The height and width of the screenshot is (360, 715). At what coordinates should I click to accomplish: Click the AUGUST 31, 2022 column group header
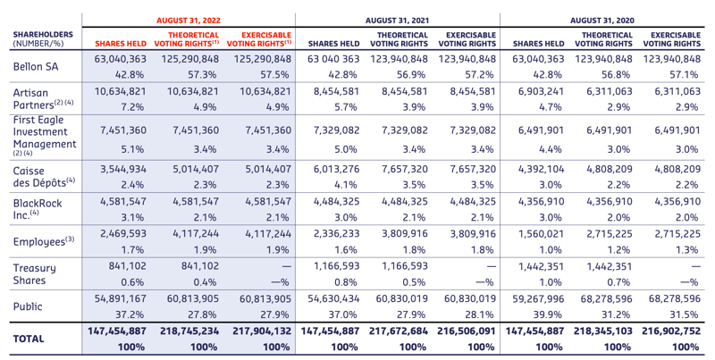pyautogui.click(x=189, y=21)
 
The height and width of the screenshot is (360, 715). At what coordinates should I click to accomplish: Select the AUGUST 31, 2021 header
pyautogui.click(x=397, y=21)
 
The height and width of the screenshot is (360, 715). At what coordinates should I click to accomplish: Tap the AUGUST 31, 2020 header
pyautogui.click(x=601, y=21)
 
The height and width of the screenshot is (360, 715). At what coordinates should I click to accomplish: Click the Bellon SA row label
pyautogui.click(x=36, y=66)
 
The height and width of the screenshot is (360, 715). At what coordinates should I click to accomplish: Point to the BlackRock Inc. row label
pyautogui.click(x=38, y=209)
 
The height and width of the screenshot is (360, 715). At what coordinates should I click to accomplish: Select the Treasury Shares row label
pyautogui.click(x=34, y=274)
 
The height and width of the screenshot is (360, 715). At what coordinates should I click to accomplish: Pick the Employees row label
pyautogui.click(x=43, y=241)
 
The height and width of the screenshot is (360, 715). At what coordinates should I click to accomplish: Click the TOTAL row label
pyautogui.click(x=29, y=339)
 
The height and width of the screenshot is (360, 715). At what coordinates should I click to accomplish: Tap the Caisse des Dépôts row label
pyautogui.click(x=44, y=177)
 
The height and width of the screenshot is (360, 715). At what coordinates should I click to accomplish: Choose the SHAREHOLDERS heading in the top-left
pyautogui.click(x=43, y=35)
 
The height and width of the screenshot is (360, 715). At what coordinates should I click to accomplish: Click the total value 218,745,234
pyautogui.click(x=189, y=331)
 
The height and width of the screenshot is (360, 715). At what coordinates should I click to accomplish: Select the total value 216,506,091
pyautogui.click(x=466, y=331)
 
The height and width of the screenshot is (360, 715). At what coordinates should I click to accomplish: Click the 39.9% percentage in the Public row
pyautogui.click(x=551, y=314)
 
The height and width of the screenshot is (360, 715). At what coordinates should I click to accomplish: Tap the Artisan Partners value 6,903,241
pyautogui.click(x=541, y=91)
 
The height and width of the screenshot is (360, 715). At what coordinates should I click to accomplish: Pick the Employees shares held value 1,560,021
pyautogui.click(x=541, y=234)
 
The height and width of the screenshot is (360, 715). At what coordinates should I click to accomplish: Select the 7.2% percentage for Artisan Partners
pyautogui.click(x=133, y=107)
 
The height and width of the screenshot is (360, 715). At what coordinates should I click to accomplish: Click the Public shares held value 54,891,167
pyautogui.click(x=121, y=299)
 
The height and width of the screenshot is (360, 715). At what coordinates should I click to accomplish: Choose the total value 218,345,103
pyautogui.click(x=603, y=331)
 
